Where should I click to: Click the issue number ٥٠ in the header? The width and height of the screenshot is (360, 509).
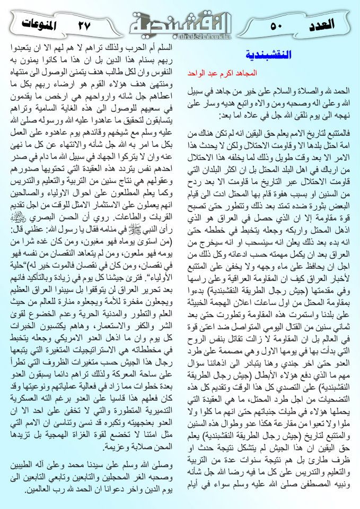[x=279, y=24]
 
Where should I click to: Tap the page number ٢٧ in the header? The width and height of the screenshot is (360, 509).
[x=84, y=24]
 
